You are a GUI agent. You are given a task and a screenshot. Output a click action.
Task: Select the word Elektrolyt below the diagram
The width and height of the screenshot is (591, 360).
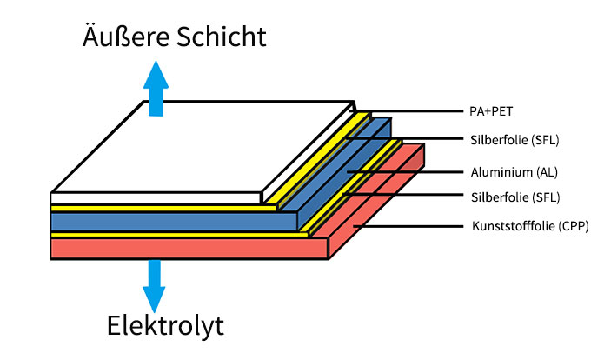pos(165,326)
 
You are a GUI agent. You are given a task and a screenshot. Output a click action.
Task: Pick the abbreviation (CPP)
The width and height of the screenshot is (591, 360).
pos(570,227)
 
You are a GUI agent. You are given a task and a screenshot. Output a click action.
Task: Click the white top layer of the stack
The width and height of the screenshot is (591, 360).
pos(200,148)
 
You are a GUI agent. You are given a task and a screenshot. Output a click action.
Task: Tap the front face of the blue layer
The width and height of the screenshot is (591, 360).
pos(174,221)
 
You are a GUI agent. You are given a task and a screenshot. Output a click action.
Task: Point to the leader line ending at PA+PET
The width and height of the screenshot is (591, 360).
pos(408,111)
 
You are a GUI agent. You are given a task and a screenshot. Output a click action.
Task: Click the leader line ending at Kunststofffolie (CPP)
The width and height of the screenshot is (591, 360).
pos(408,227)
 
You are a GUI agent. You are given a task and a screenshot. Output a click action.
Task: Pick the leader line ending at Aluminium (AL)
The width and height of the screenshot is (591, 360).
pos(408,171)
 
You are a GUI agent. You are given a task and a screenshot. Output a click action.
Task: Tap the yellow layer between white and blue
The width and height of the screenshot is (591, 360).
pos(156,208)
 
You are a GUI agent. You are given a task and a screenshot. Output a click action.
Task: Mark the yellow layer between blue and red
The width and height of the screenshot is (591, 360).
pos(174,234)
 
